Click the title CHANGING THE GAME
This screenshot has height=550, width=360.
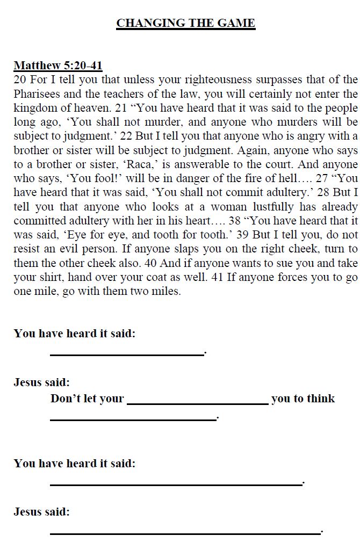[185, 23]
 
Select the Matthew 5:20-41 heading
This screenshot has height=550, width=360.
[58, 66]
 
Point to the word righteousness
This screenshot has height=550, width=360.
[193, 80]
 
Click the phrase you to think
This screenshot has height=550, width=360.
[303, 399]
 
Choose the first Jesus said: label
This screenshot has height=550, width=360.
[42, 383]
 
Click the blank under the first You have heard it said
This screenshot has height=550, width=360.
[127, 353]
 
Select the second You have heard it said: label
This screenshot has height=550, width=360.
[75, 464]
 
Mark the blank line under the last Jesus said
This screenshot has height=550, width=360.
[185, 532]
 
